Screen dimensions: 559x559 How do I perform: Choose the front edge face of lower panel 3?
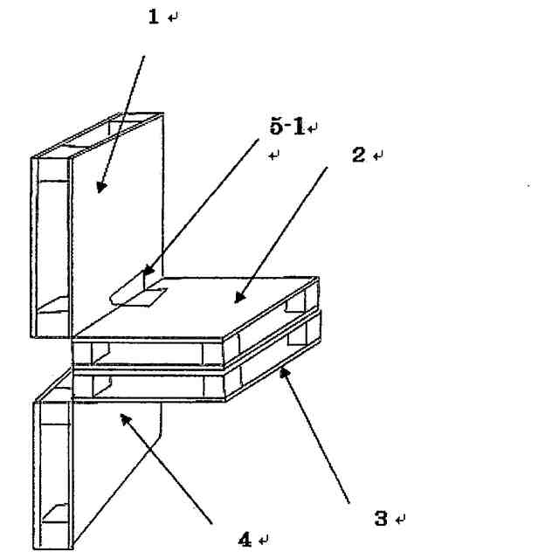(x=148, y=384)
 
